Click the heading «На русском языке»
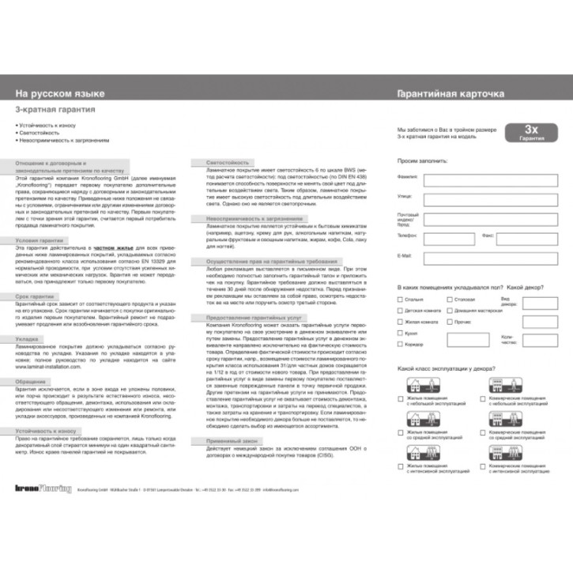pos(60,94)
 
